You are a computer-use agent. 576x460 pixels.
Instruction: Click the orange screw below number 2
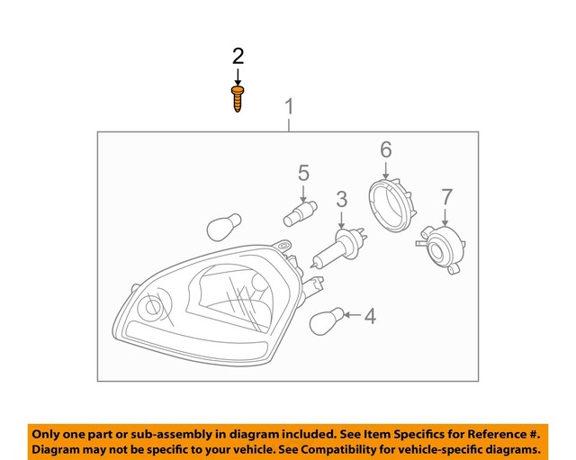click(x=238, y=98)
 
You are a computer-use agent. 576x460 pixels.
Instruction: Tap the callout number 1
click(x=289, y=108)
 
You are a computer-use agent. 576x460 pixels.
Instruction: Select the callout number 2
click(x=238, y=57)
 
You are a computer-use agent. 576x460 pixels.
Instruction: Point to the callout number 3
click(x=342, y=200)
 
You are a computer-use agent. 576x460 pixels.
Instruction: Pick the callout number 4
click(x=370, y=316)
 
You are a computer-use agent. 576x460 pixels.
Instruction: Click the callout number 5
click(x=303, y=172)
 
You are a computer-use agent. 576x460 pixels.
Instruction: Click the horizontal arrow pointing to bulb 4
click(x=350, y=316)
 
